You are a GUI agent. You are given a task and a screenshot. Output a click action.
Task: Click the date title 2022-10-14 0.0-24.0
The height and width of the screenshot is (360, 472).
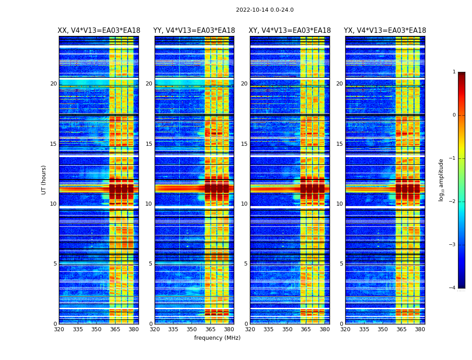point(265,10)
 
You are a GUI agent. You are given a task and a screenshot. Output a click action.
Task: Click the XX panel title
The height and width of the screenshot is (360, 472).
point(99,31)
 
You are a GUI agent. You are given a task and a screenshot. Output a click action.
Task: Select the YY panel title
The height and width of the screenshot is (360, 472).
point(194,31)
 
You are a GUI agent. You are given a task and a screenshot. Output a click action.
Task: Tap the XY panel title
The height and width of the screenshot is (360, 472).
point(289,31)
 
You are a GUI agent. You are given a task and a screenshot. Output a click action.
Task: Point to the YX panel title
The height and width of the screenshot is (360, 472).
point(385,31)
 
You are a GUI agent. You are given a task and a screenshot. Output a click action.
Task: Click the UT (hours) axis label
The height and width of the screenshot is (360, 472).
point(44,180)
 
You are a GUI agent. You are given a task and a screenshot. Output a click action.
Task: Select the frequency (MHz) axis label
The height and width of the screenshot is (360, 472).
point(217,338)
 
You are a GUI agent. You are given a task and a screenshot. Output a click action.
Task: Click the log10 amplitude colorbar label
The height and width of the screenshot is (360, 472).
point(441,180)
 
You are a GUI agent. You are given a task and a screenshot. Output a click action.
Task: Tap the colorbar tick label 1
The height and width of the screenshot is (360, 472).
point(454,72)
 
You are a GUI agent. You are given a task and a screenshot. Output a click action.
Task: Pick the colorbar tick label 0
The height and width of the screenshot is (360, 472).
point(454,115)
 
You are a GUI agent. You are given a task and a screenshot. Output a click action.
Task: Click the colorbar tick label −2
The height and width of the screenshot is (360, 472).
point(453,202)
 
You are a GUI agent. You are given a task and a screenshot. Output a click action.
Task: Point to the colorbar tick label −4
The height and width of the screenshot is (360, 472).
point(453,288)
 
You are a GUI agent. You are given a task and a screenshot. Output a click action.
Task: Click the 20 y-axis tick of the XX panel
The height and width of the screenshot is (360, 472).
point(53,84)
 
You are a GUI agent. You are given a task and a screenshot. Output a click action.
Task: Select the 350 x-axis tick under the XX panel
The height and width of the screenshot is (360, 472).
point(96,329)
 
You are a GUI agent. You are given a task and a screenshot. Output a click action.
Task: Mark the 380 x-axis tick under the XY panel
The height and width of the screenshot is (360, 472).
point(324,329)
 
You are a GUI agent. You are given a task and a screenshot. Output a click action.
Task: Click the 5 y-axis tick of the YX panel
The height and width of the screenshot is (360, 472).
point(341,264)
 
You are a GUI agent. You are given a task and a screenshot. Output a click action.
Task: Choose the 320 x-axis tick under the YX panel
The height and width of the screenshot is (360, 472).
point(345,329)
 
